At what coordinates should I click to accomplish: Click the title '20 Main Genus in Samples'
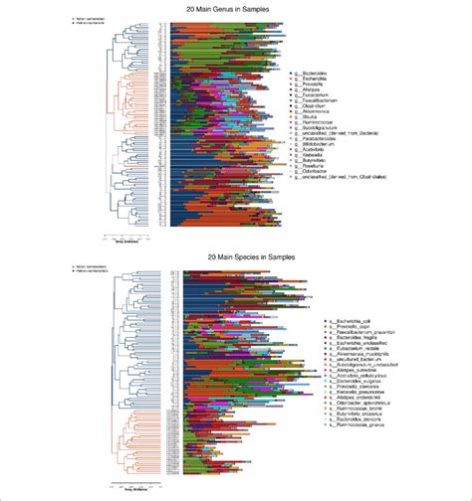(236, 8)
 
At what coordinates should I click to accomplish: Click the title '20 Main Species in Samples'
(236, 259)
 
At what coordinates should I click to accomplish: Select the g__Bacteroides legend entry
(317, 74)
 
